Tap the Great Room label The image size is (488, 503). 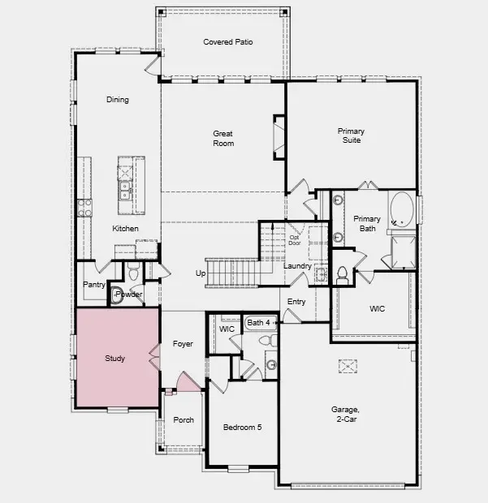pyautogui.click(x=223, y=138)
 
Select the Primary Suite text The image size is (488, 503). pyautogui.click(x=351, y=135)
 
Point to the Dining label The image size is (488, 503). pyautogui.click(x=118, y=100)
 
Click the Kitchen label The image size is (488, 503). pyautogui.click(x=125, y=229)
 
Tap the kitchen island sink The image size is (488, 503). pyautogui.click(x=126, y=191)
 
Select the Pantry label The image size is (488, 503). pyautogui.click(x=94, y=285)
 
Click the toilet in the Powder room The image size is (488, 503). pyautogui.click(x=117, y=295)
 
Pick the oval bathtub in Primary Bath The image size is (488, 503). pyautogui.click(x=399, y=210)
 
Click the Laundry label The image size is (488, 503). pyautogui.click(x=298, y=266)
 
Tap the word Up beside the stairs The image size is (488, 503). pyautogui.click(x=201, y=273)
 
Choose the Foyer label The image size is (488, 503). pyautogui.click(x=184, y=344)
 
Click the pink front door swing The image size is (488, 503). pyautogui.click(x=188, y=382)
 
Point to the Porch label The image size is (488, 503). pyautogui.click(x=184, y=420)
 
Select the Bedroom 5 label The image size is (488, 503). pyautogui.click(x=242, y=427)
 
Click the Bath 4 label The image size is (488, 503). pyautogui.click(x=259, y=323)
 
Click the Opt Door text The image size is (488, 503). pyautogui.click(x=294, y=239)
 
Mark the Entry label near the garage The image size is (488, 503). pyautogui.click(x=297, y=302)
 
